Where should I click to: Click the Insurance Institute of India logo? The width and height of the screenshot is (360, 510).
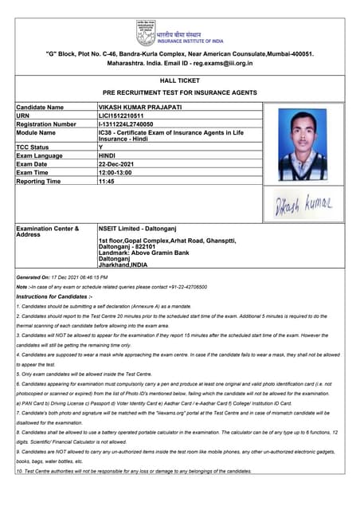pyautogui.click(x=145, y=32)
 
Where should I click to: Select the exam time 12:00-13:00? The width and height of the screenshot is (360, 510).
pyautogui.click(x=115, y=172)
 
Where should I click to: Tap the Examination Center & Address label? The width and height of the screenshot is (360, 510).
pyautogui.click(x=48, y=232)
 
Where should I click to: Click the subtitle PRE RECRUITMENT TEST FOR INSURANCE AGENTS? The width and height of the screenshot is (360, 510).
pyautogui.click(x=179, y=93)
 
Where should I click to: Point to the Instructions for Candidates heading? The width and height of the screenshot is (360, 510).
pyautogui.click(x=60, y=296)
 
